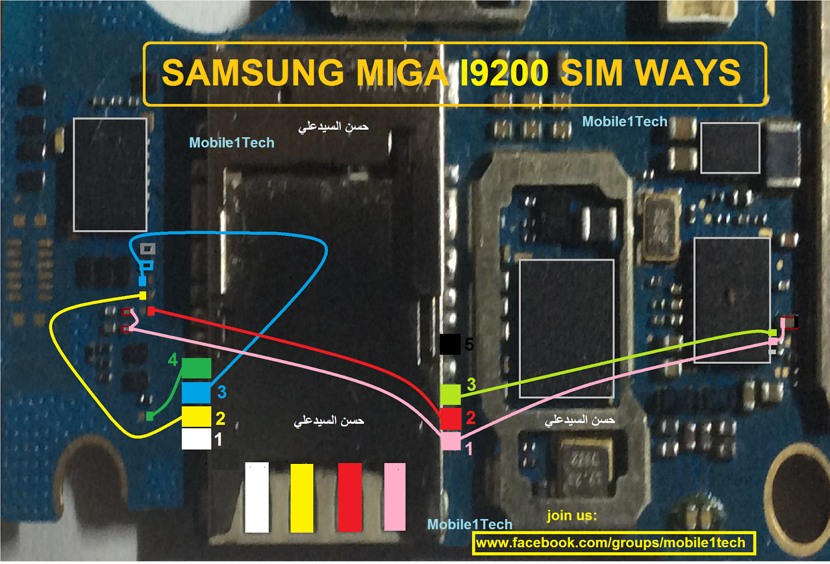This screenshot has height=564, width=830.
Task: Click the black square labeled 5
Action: tap(450, 344)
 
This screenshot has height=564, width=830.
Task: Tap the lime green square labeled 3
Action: tap(450, 395)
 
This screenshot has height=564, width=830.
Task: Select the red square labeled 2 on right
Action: tap(450, 418)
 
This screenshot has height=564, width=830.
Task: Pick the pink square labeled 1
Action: tap(450, 442)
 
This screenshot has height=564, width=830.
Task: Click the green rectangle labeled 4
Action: tap(196, 368)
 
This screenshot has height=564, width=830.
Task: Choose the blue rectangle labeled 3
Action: tap(196, 393)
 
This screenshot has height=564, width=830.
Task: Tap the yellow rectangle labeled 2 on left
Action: tap(196, 416)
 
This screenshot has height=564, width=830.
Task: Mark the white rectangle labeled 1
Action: tap(196, 439)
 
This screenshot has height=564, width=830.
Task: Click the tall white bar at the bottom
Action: tap(257, 498)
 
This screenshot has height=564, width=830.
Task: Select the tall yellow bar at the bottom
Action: tap(302, 498)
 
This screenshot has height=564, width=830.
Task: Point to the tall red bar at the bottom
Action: tap(350, 498)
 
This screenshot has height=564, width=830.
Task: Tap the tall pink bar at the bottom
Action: tap(395, 498)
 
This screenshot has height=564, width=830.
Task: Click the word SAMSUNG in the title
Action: tap(253, 73)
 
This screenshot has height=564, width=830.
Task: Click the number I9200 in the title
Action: tap(503, 73)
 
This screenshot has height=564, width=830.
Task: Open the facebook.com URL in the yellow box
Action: tap(611, 543)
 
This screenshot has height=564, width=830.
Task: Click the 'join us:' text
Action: tap(572, 515)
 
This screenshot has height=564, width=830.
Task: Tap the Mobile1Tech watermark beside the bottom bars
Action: tap(469, 525)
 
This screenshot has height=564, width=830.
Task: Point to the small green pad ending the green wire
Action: tap(149, 416)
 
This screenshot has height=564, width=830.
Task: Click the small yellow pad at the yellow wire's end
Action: tap(143, 296)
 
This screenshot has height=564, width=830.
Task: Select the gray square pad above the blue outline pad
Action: tap(148, 249)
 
